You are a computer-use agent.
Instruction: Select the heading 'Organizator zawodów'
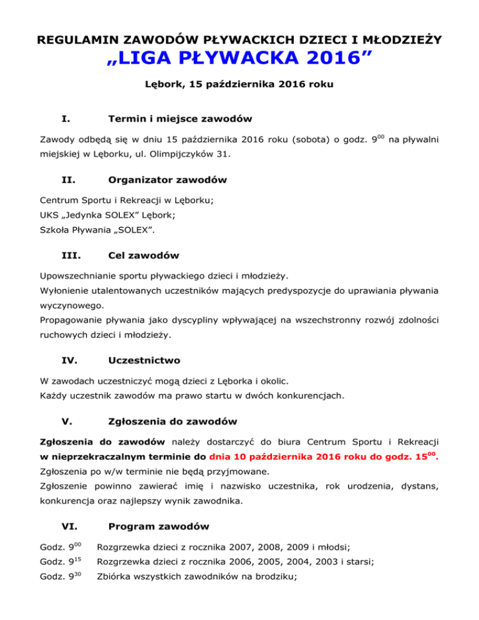coord(167,180)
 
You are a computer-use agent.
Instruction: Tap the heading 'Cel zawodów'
coord(143,256)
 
